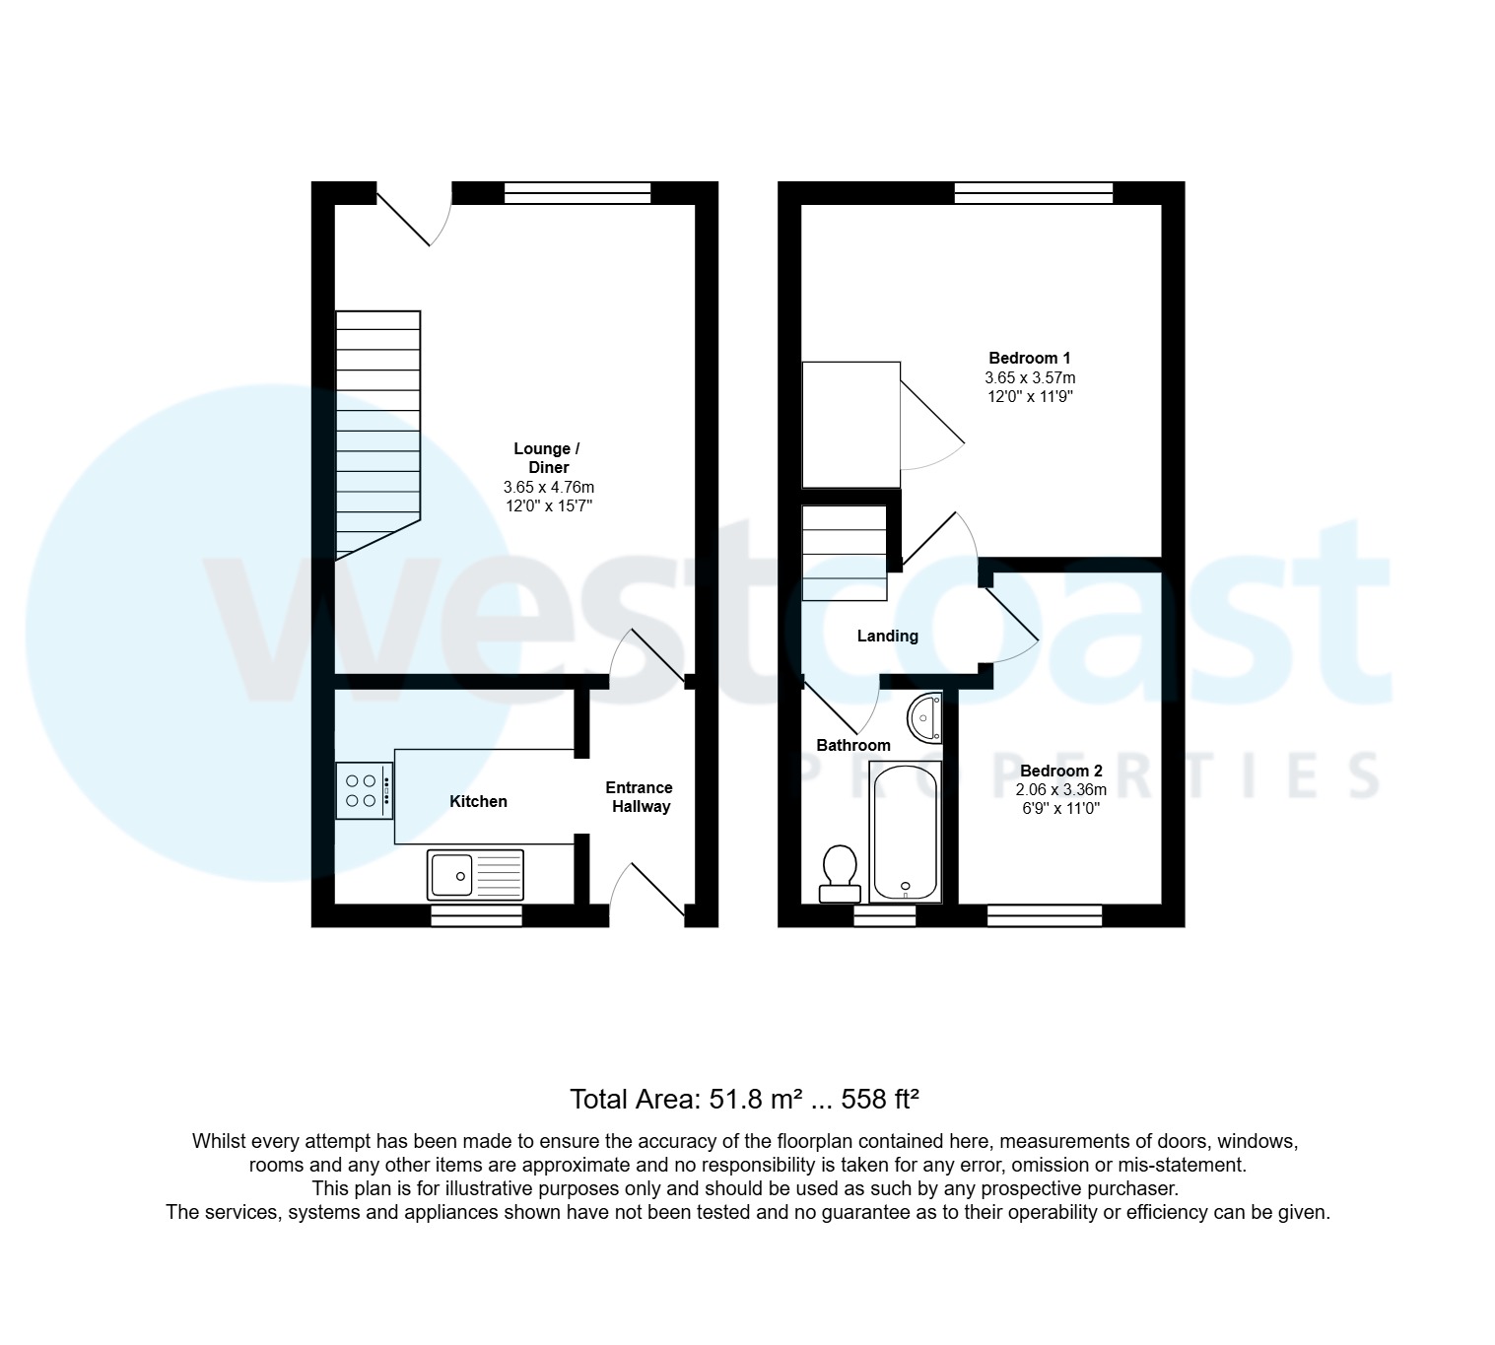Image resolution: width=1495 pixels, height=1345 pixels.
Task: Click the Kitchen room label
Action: coord(478,801)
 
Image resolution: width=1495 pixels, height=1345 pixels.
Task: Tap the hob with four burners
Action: coord(363,790)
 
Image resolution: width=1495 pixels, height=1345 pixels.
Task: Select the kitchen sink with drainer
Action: coord(475,874)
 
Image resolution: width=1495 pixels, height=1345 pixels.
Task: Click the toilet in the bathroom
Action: coord(840,874)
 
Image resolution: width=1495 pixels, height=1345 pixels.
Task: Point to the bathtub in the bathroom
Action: coord(906,833)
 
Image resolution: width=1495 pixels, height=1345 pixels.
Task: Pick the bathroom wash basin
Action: coord(925,717)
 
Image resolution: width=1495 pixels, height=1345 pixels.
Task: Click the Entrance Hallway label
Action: coord(639,797)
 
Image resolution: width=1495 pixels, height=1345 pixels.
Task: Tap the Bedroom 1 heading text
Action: coord(1029,359)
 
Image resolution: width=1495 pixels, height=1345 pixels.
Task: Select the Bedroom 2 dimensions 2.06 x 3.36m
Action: coord(1060,789)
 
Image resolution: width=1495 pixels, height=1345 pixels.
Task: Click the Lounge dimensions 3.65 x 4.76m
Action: coord(548,487)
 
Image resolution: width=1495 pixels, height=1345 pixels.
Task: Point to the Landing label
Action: coord(887,636)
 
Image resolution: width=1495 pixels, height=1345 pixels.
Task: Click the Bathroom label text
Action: coord(852,745)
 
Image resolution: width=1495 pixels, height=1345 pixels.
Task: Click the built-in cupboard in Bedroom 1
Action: coord(850,424)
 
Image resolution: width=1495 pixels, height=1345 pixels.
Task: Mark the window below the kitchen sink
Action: coord(476,916)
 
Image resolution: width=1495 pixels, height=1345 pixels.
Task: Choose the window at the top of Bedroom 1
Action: coord(1033,193)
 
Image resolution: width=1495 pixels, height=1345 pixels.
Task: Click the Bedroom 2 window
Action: coord(1044,916)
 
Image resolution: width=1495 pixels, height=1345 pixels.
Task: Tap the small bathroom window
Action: coord(884,916)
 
